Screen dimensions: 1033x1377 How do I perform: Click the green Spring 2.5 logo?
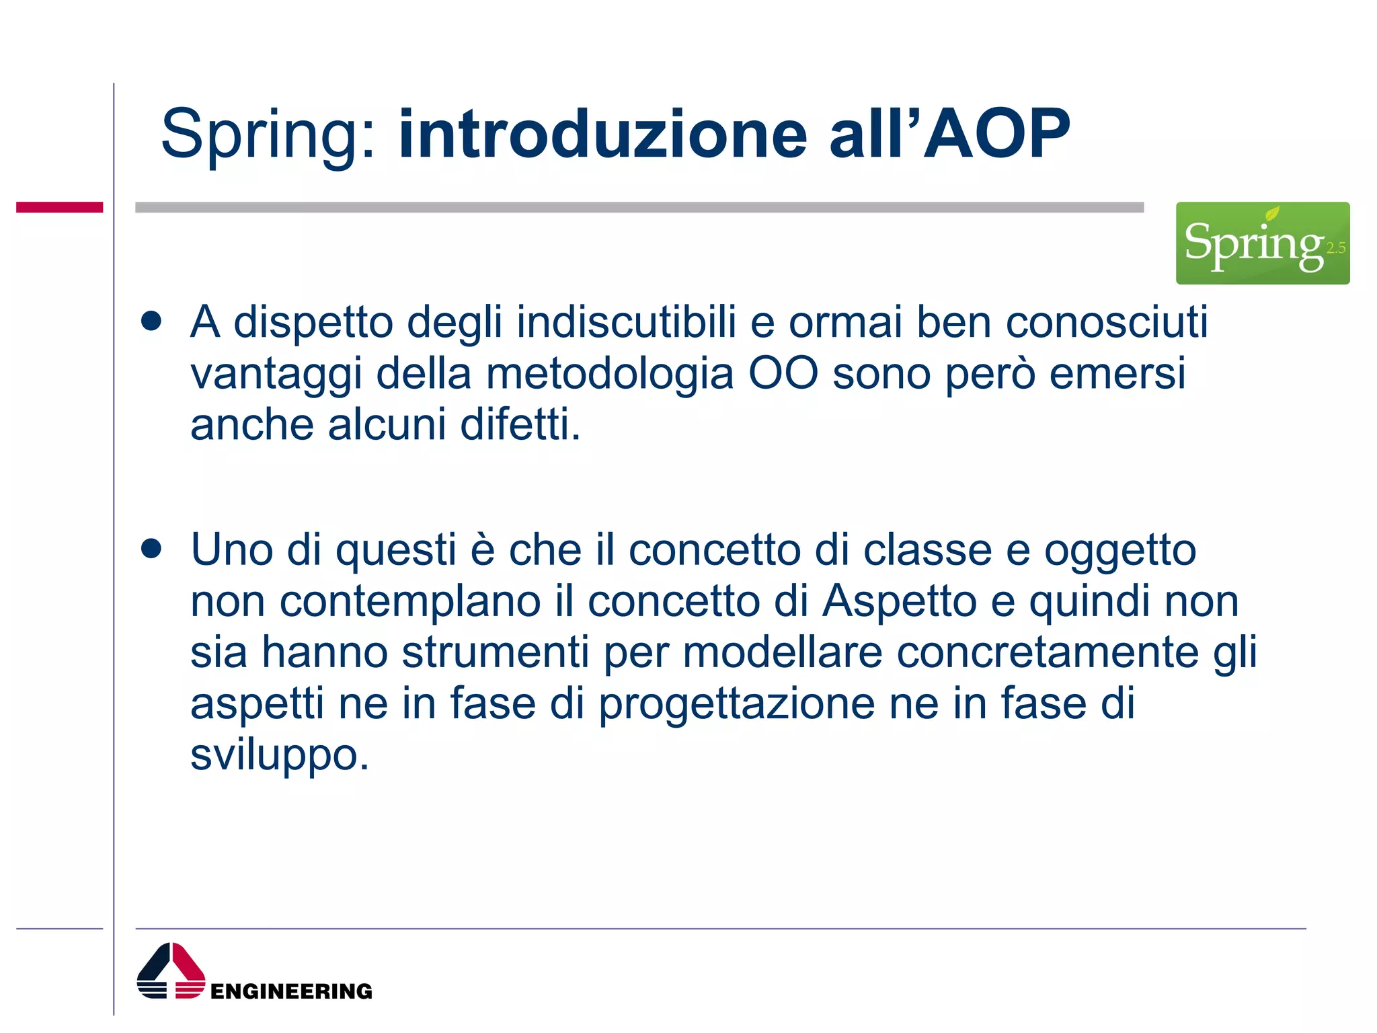[x=1262, y=243]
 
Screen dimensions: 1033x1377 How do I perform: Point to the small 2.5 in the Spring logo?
[x=1335, y=248]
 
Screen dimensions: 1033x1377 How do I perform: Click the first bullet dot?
[x=152, y=321]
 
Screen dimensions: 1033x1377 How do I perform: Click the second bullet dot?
[x=152, y=548]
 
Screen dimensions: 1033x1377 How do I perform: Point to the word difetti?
[x=520, y=424]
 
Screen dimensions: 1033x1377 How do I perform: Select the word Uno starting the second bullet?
[x=231, y=549]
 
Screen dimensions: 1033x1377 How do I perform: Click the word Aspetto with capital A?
[x=900, y=601]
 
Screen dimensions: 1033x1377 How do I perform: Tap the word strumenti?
[x=495, y=652]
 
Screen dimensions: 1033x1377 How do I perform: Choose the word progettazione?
[x=736, y=704]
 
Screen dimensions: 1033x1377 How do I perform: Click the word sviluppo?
[x=279, y=755]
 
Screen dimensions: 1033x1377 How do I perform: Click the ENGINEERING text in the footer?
[x=291, y=991]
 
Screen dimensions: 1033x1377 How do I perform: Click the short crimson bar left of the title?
[x=59, y=207]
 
